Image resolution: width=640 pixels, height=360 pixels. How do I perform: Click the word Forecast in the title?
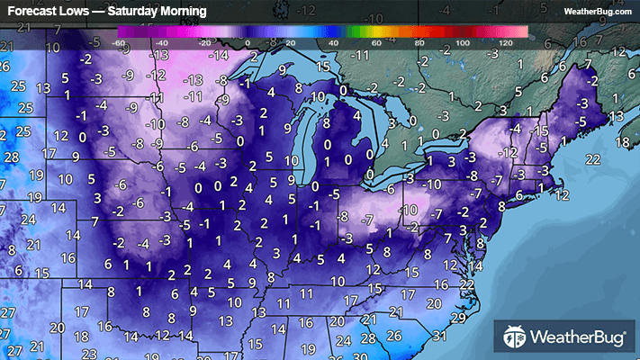pos(34,12)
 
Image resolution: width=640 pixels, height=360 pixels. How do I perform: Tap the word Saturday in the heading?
pos(141,12)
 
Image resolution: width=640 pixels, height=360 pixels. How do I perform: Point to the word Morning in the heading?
pos(190,12)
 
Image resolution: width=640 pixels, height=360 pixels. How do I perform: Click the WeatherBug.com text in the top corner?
pos(597,12)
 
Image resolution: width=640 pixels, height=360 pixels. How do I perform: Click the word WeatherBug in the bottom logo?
pos(576,338)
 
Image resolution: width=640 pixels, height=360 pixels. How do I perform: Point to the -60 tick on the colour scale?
pos(120,43)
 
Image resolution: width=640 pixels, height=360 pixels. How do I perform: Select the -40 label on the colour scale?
pos(163,43)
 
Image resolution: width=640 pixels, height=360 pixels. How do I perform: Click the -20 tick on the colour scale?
pos(205,43)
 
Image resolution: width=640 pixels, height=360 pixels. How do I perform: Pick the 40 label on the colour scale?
pos(333,43)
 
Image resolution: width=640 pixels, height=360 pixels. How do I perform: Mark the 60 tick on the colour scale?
pos(376,43)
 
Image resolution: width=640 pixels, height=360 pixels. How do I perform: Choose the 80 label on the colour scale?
pos(419,43)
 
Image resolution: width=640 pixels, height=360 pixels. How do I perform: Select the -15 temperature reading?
pos(539,131)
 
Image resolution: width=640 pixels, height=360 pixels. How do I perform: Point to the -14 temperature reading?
pos(218,56)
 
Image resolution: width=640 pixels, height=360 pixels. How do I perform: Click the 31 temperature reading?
pos(438,337)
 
